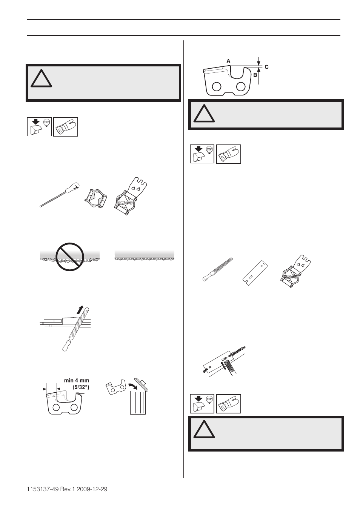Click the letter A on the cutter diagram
point(228,61)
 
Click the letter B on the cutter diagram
point(255,75)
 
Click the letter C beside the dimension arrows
point(266,67)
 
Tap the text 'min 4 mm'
point(76,380)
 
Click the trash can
point(138,402)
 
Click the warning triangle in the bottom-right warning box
point(204,430)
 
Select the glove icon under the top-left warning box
point(66,127)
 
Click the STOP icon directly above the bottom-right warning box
point(202,404)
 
